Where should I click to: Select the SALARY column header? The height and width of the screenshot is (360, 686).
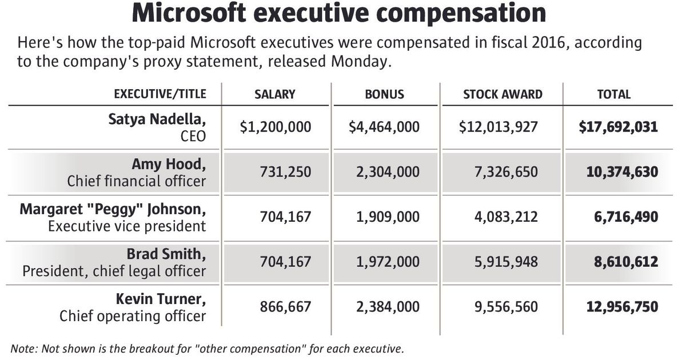275,94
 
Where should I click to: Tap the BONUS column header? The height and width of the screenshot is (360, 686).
384,94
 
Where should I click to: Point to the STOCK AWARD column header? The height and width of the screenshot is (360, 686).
502,94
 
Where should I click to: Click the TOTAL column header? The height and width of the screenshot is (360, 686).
613,94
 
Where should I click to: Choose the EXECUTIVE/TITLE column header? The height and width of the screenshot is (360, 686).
160,94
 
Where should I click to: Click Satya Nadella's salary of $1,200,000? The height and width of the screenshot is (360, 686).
276,126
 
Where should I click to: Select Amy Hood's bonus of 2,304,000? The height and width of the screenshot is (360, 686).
385,171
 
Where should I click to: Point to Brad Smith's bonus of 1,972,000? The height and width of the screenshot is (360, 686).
385,262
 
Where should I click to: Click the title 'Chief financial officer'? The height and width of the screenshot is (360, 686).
136,181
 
